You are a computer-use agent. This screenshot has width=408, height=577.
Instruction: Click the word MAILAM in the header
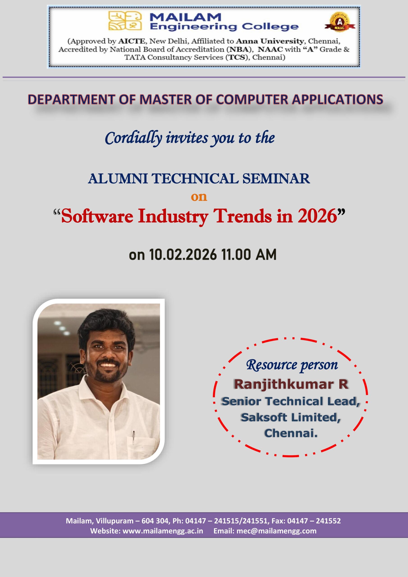click(185, 17)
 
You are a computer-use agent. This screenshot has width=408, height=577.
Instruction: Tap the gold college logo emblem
click(125, 21)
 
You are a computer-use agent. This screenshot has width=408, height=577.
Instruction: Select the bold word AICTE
click(131, 41)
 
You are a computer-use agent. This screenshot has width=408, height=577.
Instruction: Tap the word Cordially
click(133, 138)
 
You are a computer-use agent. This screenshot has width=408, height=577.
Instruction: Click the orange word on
click(199, 197)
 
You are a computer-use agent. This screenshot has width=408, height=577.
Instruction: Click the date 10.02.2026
click(183, 254)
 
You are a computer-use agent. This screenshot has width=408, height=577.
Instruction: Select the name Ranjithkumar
click(284, 385)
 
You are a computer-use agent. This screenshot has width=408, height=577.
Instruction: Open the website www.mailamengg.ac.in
click(163, 531)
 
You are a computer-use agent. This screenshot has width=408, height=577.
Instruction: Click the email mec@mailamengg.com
click(277, 531)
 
